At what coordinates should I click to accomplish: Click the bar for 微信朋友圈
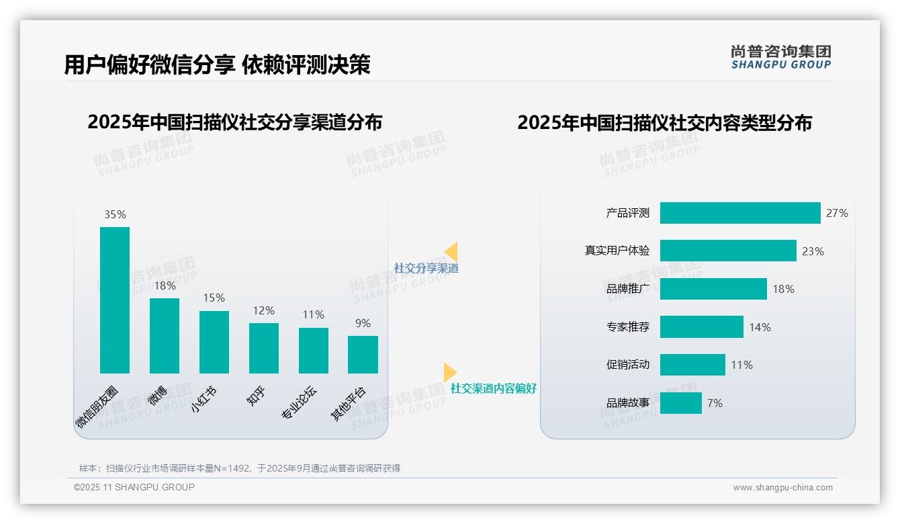pyautogui.click(x=114, y=300)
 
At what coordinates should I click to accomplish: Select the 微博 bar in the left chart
pyautogui.click(x=164, y=336)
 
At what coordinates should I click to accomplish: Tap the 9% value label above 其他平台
pyautogui.click(x=363, y=323)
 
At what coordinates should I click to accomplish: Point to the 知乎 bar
pyautogui.click(x=263, y=348)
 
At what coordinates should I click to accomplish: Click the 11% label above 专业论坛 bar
pyautogui.click(x=313, y=314)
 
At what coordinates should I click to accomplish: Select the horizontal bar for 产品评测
pyautogui.click(x=739, y=213)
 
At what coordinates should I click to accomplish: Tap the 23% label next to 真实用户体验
pyautogui.click(x=813, y=251)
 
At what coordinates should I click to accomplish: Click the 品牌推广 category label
pyautogui.click(x=627, y=289)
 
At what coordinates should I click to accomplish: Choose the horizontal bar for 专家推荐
pyautogui.click(x=701, y=327)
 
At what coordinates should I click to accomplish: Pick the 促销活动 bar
pyautogui.click(x=692, y=365)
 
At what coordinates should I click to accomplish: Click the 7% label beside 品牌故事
pyautogui.click(x=715, y=403)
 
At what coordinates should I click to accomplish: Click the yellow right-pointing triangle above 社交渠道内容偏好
pyautogui.click(x=449, y=372)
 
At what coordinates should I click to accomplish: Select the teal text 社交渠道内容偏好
pyautogui.click(x=493, y=388)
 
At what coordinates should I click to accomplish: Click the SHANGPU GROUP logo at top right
pyautogui.click(x=780, y=57)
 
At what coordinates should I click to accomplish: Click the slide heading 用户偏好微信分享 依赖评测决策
pyautogui.click(x=217, y=65)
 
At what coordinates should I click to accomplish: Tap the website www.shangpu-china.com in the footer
pyautogui.click(x=782, y=488)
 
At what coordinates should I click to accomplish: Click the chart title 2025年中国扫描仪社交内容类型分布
pyautogui.click(x=664, y=123)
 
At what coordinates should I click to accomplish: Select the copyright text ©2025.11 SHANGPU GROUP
pyautogui.click(x=134, y=487)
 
